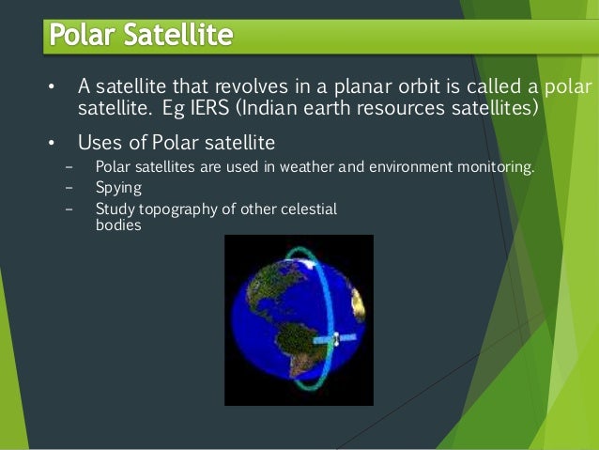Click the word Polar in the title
tap(82, 35)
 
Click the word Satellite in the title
tap(178, 35)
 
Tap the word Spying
tap(118, 189)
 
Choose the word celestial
tap(309, 209)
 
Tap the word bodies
tap(118, 225)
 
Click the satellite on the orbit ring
tap(335, 339)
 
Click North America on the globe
tap(274, 283)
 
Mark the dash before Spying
tap(69, 188)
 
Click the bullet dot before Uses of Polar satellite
tap(52, 143)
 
